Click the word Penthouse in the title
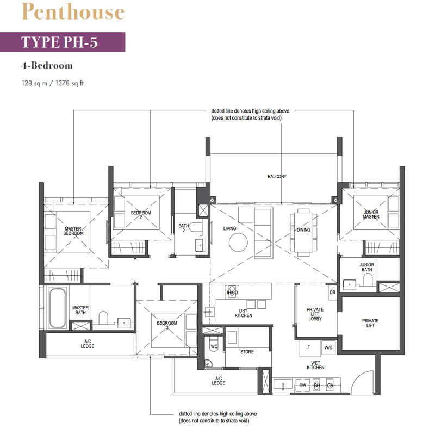coord(73,11)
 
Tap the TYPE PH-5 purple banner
coord(63,42)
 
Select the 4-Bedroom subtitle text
coord(47,65)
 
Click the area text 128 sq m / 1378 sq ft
coord(52,83)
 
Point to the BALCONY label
coord(277,176)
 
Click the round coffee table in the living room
coord(238,242)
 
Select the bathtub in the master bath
coord(58,308)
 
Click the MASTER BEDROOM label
coord(73,231)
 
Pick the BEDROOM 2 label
coord(141,215)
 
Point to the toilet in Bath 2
coord(196,227)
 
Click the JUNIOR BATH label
coord(366,267)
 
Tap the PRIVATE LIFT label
coord(370,323)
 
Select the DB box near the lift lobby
coord(332,292)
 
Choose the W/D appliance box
coord(328,347)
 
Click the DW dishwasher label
coord(303,386)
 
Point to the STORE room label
coord(247,352)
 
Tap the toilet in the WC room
coord(214,344)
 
